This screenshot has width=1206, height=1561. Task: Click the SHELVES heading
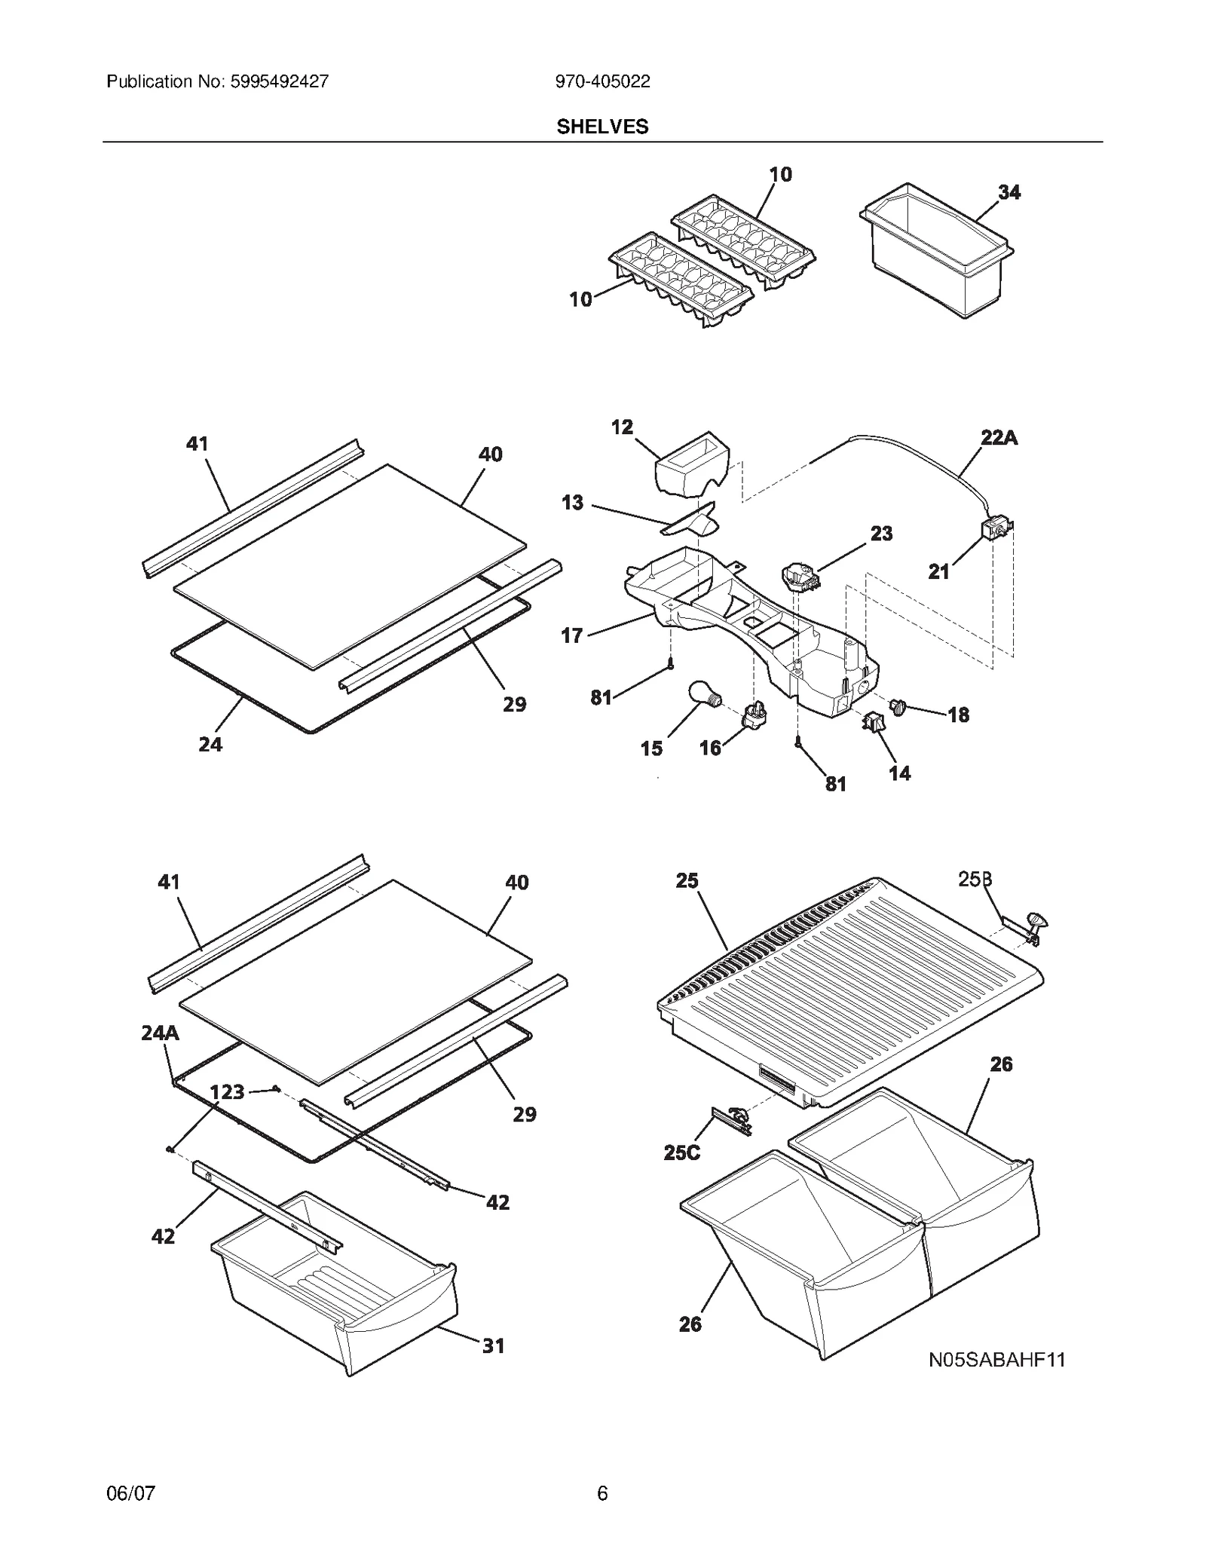tap(602, 127)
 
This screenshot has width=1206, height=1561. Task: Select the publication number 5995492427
tap(277, 81)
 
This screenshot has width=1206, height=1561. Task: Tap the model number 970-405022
tap(602, 81)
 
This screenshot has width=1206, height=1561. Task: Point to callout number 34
tap(1009, 192)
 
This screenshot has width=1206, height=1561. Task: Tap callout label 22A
tap(999, 437)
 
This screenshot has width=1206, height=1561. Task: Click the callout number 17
tap(572, 635)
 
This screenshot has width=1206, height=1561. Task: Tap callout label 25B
tap(975, 879)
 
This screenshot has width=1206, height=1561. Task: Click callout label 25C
tap(681, 1152)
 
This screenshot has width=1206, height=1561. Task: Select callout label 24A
tap(160, 1033)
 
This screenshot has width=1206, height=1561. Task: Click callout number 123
tap(226, 1091)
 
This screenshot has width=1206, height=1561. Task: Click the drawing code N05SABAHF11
tap(996, 1360)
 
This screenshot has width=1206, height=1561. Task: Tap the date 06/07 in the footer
tap(131, 1493)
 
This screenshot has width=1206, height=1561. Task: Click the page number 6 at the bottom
tap(602, 1493)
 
